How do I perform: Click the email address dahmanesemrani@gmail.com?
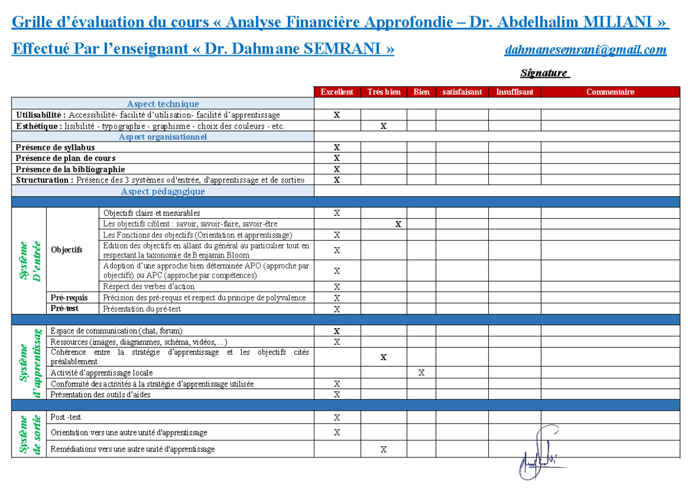pos(585,50)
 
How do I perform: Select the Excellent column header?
pos(337,92)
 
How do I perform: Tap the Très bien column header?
pos(384,92)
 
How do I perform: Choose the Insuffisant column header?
pos(514,92)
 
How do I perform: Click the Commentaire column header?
pos(610,92)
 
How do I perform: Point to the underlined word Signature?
pos(544,73)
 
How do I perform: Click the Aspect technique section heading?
pos(162,104)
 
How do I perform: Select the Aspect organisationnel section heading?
pos(162,137)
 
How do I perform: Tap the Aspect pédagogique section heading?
pos(162,191)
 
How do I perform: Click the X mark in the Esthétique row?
pos(384,126)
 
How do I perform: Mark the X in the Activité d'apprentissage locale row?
pos(421,373)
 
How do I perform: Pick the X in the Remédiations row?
pos(384,449)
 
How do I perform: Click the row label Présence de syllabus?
pos(55,147)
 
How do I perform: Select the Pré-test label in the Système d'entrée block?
pos(64,309)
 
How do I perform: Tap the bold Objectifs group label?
pos(67,249)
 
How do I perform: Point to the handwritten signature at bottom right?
pos(538,452)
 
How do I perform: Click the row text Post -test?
pos(66,416)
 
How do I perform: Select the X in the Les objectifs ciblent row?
pos(398,224)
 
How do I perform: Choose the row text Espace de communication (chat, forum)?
pos(116,331)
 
